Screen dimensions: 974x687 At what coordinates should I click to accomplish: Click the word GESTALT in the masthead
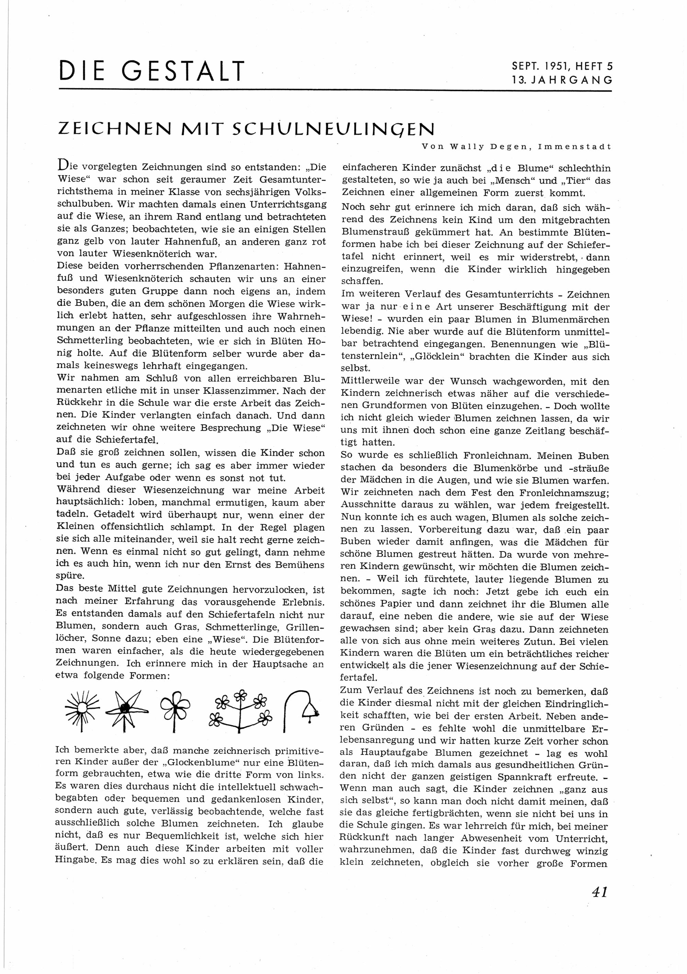[x=183, y=71]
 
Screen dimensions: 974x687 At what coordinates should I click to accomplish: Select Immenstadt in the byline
[x=575, y=147]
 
